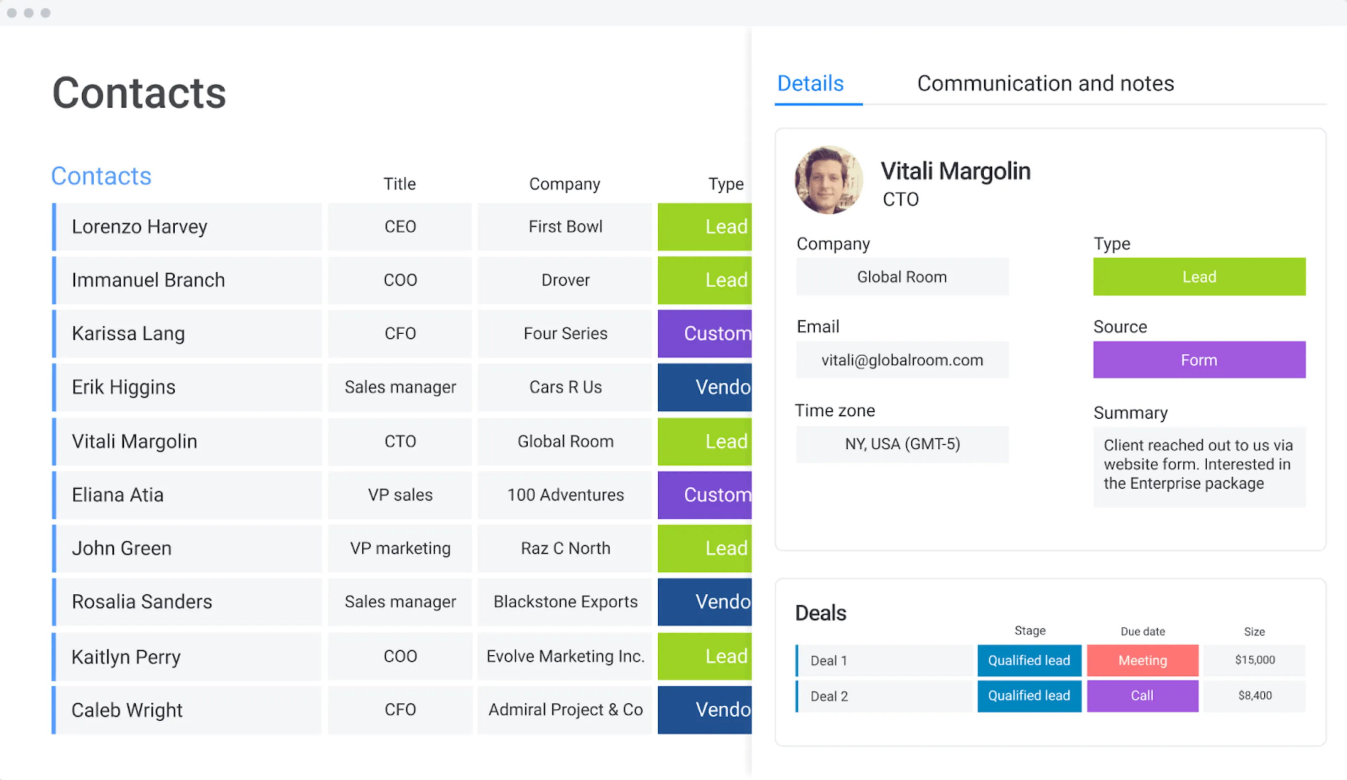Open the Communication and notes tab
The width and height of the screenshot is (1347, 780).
coord(1045,84)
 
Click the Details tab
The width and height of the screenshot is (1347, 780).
coord(810,84)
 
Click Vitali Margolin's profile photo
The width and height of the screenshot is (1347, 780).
coord(828,180)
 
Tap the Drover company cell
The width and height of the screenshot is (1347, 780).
coord(565,280)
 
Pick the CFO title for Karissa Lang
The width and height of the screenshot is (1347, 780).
coord(400,333)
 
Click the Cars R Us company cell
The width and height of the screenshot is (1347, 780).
coord(565,387)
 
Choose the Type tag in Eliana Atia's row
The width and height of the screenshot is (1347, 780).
coord(704,495)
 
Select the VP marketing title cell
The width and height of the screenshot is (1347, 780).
coord(400,548)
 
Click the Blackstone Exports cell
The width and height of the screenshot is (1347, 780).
coord(565,601)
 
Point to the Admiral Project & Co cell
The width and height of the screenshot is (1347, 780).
coord(565,710)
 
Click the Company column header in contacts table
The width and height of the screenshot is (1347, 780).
coord(565,184)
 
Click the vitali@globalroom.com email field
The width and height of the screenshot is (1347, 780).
coord(902,360)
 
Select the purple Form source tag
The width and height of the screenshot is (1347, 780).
coord(1199,360)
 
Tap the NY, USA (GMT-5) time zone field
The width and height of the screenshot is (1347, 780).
coord(902,444)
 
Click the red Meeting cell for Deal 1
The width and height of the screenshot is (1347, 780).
coord(1142,660)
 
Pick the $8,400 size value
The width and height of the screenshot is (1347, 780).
coord(1255,696)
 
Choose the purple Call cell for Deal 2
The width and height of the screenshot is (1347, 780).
coord(1142,696)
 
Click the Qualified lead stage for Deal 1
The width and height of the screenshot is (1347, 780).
coord(1029,660)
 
